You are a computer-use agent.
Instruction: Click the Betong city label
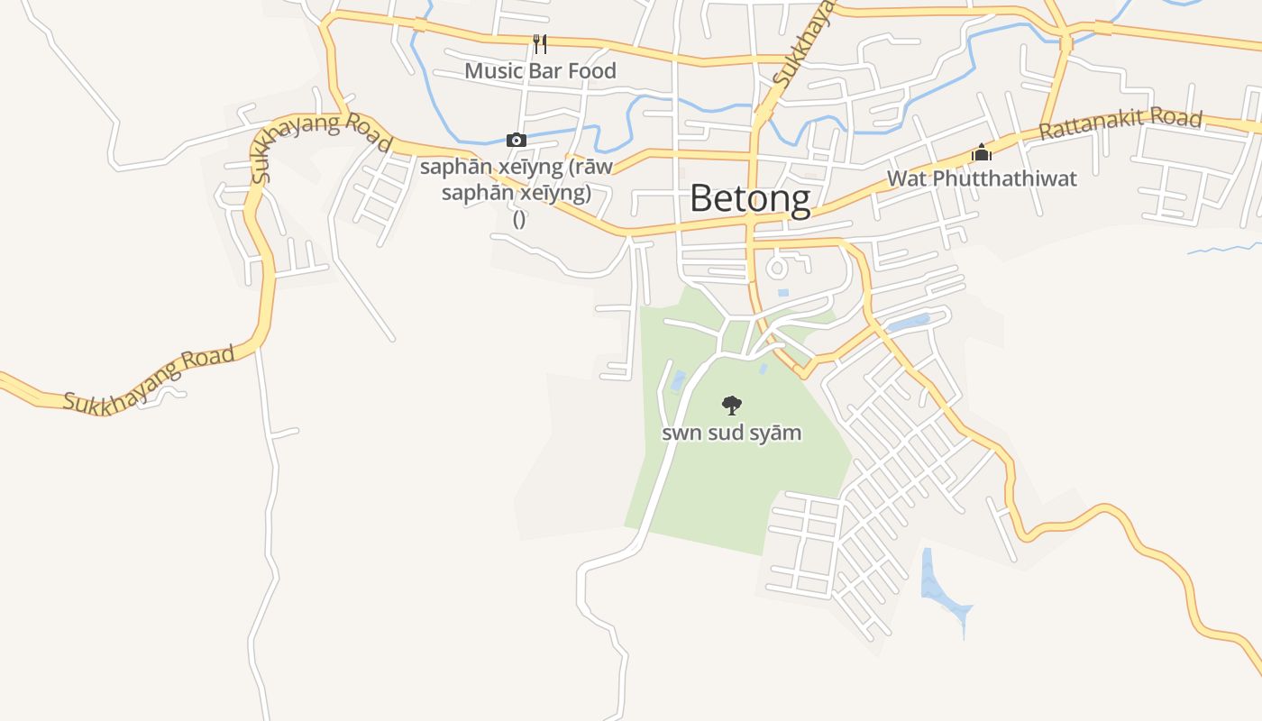(750, 199)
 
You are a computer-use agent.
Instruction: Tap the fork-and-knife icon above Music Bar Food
(540, 43)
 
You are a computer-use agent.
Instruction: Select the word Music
(494, 71)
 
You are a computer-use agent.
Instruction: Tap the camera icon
(516, 140)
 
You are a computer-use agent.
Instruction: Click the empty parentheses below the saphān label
(519, 219)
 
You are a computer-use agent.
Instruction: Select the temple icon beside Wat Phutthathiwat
(982, 152)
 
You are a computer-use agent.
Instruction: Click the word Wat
(907, 178)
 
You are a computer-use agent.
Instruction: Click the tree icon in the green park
(732, 405)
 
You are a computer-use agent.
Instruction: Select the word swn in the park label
(681, 434)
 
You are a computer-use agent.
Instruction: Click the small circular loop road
(776, 267)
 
